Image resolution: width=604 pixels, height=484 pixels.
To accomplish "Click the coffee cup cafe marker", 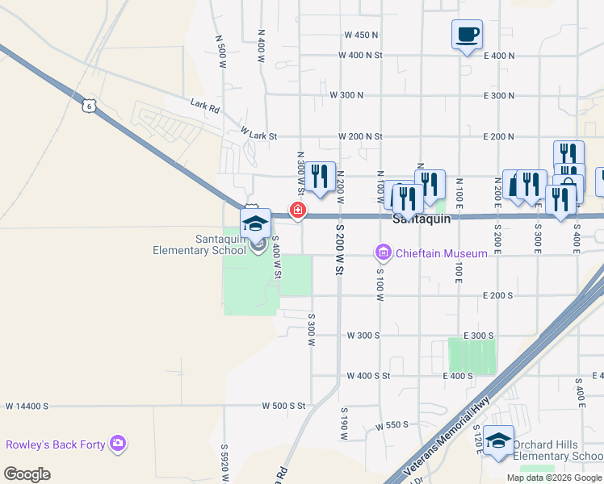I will click(x=467, y=35).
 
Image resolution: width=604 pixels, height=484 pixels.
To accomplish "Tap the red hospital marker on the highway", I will click(x=298, y=211).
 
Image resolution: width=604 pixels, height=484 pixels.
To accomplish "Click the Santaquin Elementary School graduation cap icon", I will click(x=255, y=224).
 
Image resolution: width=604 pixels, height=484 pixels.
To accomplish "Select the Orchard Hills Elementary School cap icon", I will click(x=499, y=440).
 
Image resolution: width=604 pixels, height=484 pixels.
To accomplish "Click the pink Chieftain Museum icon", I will click(x=384, y=253).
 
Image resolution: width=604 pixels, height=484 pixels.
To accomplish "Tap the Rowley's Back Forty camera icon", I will click(x=119, y=444).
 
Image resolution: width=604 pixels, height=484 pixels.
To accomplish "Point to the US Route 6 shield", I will click(x=89, y=105).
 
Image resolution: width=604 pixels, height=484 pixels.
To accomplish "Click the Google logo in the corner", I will click(x=27, y=474).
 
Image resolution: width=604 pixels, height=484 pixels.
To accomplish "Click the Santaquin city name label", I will click(x=420, y=219).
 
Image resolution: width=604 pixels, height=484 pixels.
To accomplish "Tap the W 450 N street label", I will click(x=361, y=35).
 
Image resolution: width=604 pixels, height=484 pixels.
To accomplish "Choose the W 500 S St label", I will click(x=279, y=406).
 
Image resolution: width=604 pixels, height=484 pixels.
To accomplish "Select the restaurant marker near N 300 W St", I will click(x=321, y=177).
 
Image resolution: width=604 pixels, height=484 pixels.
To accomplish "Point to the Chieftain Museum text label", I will click(x=441, y=253).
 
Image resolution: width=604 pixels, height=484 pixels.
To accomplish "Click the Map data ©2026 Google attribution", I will click(x=555, y=478).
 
